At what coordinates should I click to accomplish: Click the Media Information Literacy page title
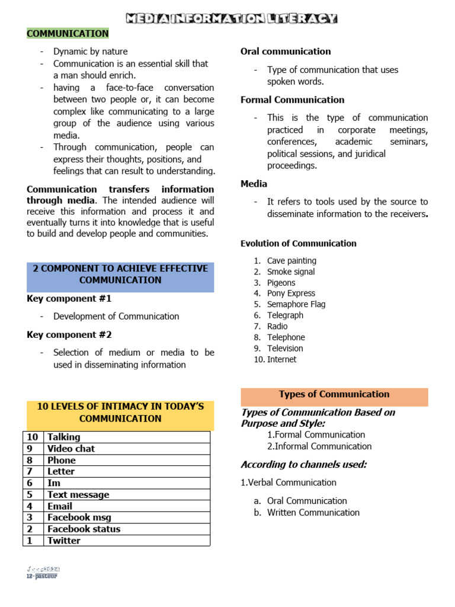click(232, 18)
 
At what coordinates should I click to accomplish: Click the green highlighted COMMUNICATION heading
click(68, 34)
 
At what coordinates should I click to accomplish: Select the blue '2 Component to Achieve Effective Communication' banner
click(120, 274)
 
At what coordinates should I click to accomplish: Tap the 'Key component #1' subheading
click(69, 299)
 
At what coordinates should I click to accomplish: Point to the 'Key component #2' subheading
click(69, 335)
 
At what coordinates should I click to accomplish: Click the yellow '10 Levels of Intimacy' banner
click(120, 413)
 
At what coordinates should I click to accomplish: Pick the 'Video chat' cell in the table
click(71, 449)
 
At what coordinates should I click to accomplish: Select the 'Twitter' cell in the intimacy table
click(64, 541)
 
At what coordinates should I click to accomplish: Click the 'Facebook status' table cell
click(84, 529)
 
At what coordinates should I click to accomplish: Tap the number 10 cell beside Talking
click(32, 437)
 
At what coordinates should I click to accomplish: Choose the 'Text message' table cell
click(78, 494)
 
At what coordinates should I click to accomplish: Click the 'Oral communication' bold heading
click(286, 52)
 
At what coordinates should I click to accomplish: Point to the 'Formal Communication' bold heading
click(292, 100)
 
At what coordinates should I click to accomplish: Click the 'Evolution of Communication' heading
click(299, 244)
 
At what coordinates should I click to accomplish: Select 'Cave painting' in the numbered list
click(291, 261)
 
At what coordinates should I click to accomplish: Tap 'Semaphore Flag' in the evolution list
click(296, 304)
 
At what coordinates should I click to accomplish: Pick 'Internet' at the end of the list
click(281, 359)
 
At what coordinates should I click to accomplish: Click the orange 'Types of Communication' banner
click(334, 395)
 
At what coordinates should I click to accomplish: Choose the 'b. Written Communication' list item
click(313, 512)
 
